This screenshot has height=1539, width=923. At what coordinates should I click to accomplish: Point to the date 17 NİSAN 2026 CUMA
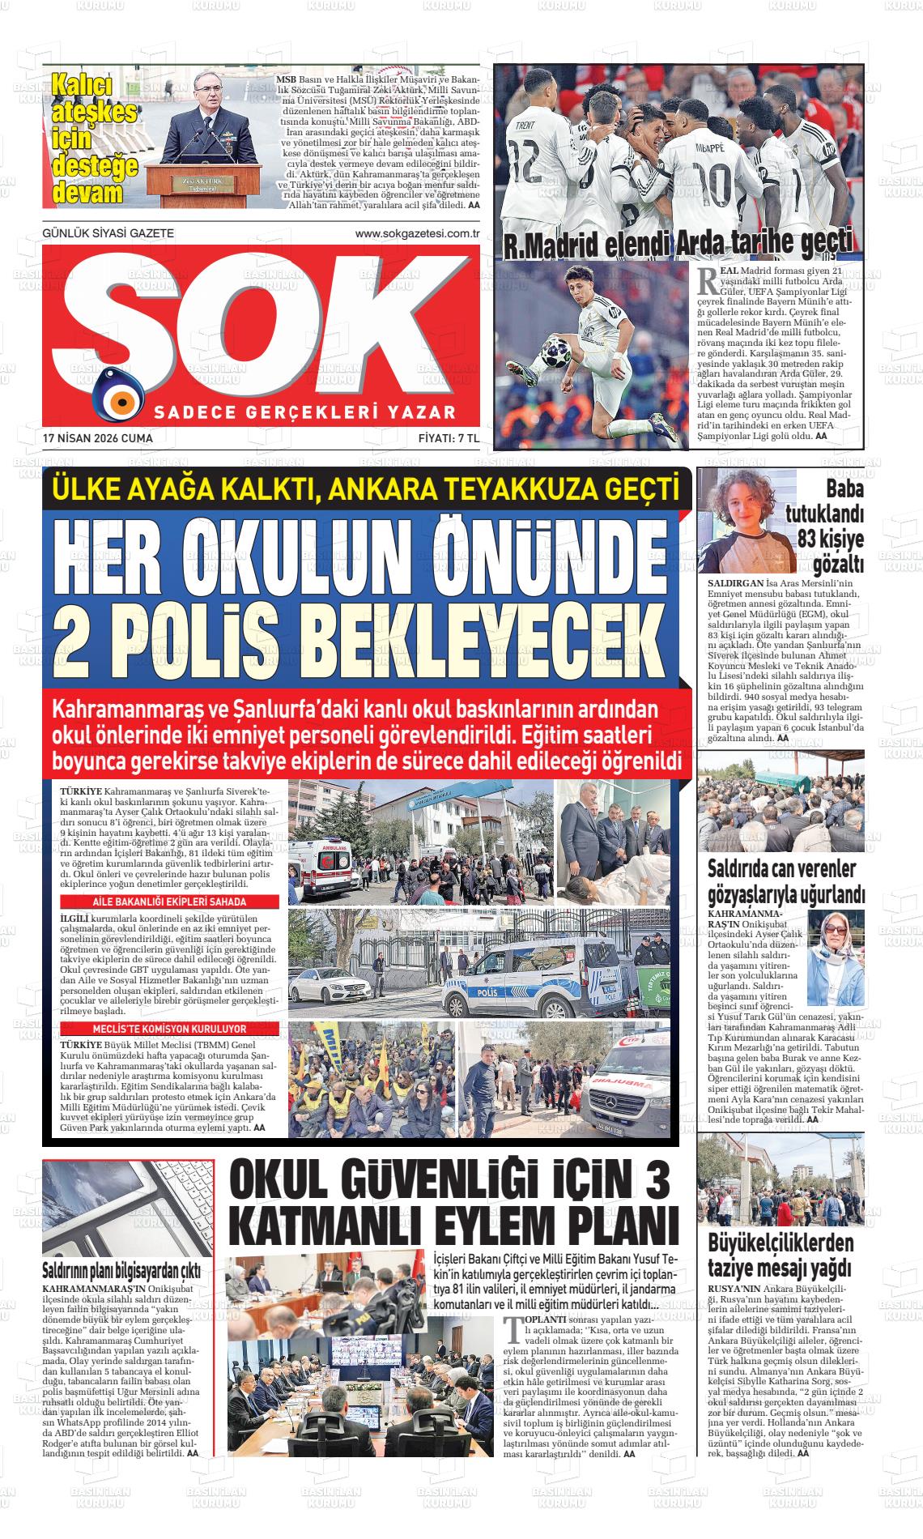coord(98,438)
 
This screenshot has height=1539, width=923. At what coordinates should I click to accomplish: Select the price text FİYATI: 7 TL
coord(449,438)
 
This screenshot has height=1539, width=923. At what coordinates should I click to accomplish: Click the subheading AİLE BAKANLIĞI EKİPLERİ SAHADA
coord(168,902)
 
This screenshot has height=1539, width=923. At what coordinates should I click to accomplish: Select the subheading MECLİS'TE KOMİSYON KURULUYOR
coord(168,1029)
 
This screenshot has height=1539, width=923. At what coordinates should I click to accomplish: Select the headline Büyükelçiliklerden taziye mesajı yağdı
coord(781,1254)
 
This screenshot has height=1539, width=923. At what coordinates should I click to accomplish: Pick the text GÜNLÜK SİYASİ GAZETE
coord(108,234)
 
